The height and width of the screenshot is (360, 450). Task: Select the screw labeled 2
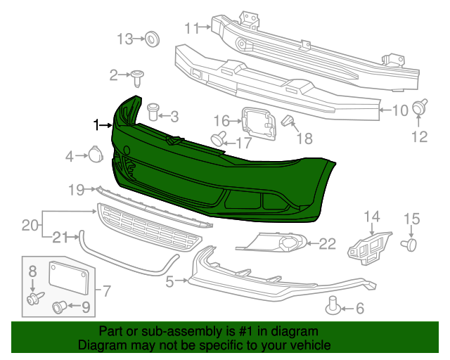(138, 74)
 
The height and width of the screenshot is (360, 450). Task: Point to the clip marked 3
(153, 111)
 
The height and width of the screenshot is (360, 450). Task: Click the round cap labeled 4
(94, 155)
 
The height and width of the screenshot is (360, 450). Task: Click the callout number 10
(399, 110)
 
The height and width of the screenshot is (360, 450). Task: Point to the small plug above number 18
(288, 122)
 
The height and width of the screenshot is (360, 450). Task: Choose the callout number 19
(76, 189)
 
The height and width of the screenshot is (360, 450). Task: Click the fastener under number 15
(410, 243)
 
